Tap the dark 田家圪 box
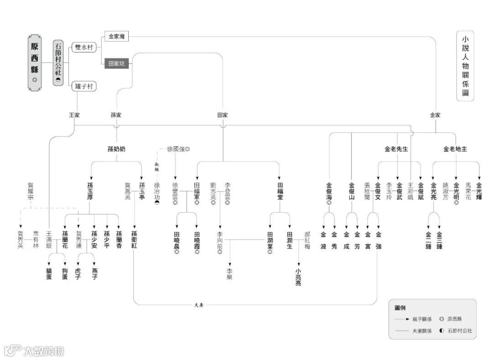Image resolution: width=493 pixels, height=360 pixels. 116,63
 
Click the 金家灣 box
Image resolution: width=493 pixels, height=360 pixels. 116,37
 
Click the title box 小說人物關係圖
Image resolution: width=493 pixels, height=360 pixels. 465,66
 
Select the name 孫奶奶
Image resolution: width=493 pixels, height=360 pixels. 116,149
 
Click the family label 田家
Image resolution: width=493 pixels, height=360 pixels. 222,115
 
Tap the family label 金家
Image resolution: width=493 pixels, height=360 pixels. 435,115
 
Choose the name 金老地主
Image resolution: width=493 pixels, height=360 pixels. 455,149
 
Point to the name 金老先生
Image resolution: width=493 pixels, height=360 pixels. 396,149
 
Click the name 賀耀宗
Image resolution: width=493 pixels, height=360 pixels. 31,192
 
